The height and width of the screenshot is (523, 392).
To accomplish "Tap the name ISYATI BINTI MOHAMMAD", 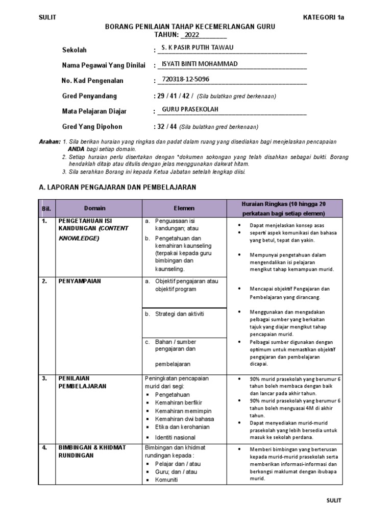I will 199,64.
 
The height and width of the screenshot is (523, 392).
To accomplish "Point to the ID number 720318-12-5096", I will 185,79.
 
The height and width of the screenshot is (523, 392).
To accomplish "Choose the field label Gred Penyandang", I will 89,96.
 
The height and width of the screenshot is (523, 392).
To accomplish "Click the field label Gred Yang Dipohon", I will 92,127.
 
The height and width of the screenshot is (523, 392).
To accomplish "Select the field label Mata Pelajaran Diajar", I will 94,111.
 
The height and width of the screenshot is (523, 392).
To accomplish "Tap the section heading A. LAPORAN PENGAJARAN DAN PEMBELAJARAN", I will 117,187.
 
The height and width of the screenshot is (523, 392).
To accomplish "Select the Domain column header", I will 95,208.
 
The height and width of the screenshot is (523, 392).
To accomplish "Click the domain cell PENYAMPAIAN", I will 79,281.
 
